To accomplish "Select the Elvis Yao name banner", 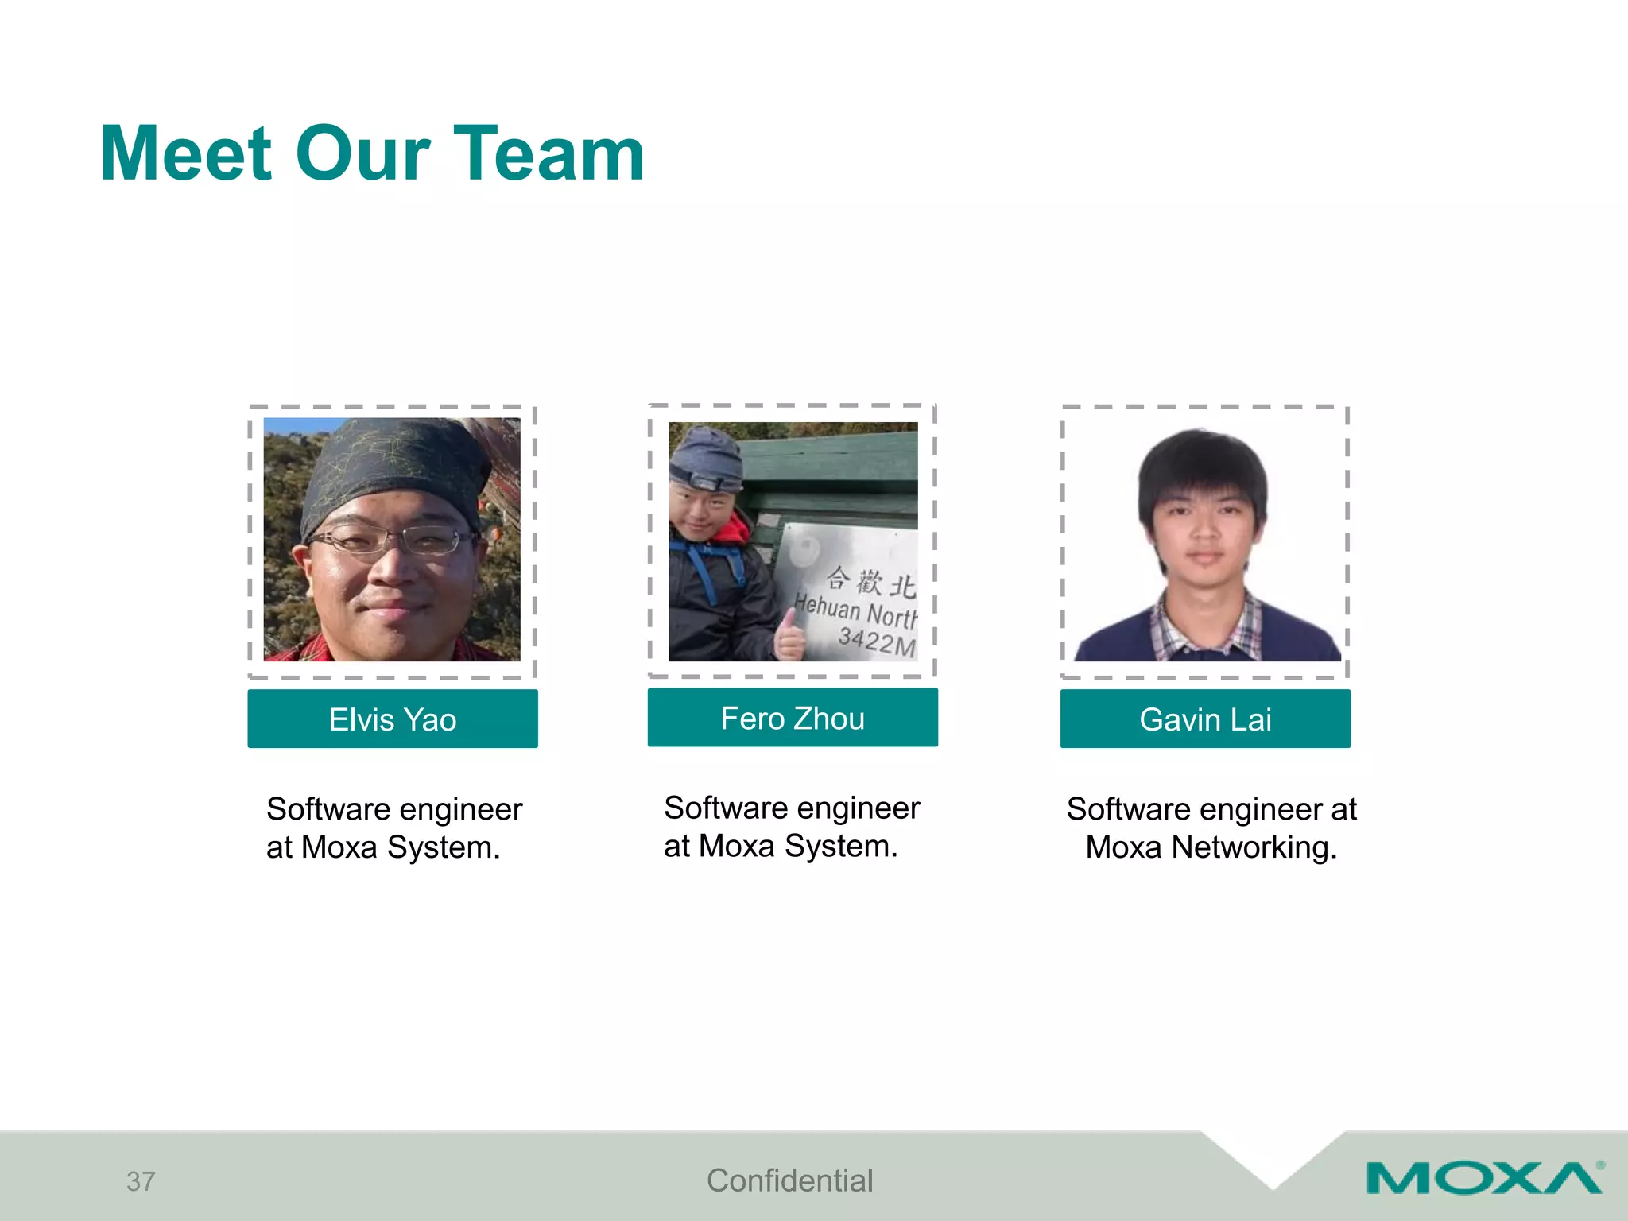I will (392, 719).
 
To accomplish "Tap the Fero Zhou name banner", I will (793, 718).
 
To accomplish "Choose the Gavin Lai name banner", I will (1205, 719).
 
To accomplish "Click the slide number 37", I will (141, 1181).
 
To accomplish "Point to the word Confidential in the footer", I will (789, 1180).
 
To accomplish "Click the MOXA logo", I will (1483, 1178).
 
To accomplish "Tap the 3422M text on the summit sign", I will (877, 640).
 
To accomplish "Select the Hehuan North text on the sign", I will (855, 610).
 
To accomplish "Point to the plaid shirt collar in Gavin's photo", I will (1205, 624).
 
